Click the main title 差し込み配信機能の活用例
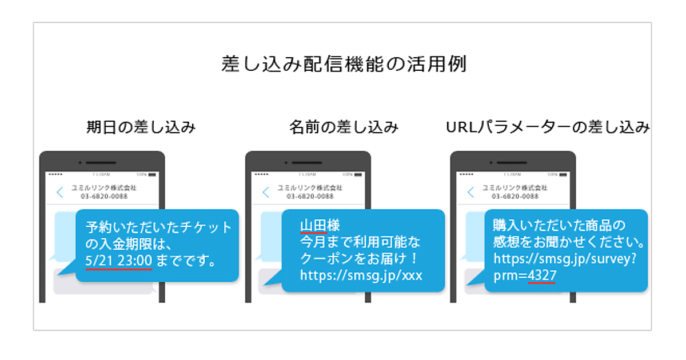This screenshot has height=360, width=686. [x=344, y=64]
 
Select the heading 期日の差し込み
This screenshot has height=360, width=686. [x=141, y=127]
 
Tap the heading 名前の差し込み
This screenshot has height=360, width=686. [x=344, y=127]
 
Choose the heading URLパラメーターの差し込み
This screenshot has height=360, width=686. [x=548, y=127]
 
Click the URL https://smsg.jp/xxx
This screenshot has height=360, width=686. [x=361, y=275]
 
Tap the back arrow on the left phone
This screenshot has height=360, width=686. [x=60, y=192]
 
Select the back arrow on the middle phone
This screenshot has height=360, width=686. [x=265, y=192]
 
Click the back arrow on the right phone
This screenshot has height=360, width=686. [x=470, y=192]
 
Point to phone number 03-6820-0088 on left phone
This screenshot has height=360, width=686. [x=104, y=196]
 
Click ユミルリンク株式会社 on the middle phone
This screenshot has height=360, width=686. [x=310, y=187]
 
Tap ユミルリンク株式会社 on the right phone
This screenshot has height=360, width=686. [x=515, y=187]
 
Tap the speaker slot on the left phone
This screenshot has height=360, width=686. [x=102, y=163]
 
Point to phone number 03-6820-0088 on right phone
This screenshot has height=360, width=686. [x=515, y=196]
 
